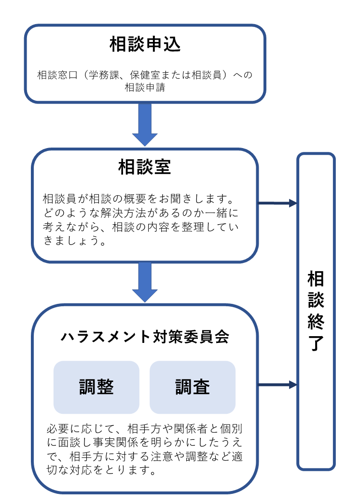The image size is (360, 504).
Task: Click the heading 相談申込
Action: tap(145, 45)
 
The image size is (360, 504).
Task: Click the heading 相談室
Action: tap(144, 167)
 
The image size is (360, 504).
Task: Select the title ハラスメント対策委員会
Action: tap(145, 337)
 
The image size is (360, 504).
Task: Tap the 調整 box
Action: tap(97, 387)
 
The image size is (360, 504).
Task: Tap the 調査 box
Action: tap(193, 387)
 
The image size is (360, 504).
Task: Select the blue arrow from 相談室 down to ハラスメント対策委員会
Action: tap(145, 282)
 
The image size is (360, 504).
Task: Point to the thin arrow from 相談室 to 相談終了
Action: tap(277, 203)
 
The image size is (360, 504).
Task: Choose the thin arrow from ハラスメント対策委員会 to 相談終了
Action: tap(277, 385)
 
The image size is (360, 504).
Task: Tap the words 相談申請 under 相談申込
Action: tap(145, 88)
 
